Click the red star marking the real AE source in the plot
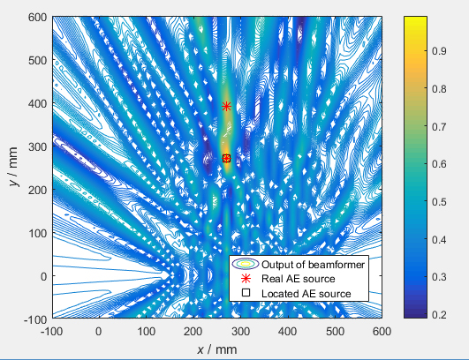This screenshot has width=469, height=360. click(227, 106)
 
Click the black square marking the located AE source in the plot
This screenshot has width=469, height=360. click(227, 159)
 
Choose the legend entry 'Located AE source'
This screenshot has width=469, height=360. click(300, 293)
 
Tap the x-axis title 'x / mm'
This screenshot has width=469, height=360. click(217, 349)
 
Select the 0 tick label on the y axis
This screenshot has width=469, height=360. click(41, 276)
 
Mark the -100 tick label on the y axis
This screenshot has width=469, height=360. click(33, 319)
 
